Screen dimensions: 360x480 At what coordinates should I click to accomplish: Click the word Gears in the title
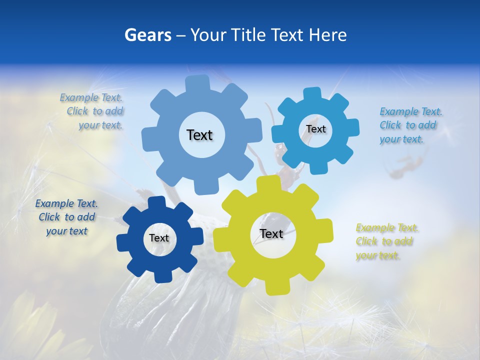[x=147, y=35]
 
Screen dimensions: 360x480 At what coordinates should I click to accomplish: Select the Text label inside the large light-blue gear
[x=199, y=135]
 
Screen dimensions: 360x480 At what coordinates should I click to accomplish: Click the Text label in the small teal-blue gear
[x=315, y=129]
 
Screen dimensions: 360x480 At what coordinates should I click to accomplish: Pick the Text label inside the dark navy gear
[x=158, y=238]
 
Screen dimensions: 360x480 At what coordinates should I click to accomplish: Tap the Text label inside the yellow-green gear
[x=271, y=233]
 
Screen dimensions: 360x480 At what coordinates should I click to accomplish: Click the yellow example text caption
[x=386, y=242]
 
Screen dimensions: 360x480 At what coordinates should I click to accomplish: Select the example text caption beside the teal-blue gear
[x=410, y=125]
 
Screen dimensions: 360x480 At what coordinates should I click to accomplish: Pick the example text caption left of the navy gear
[x=66, y=217]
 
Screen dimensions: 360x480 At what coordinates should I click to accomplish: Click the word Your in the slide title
[x=208, y=35]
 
